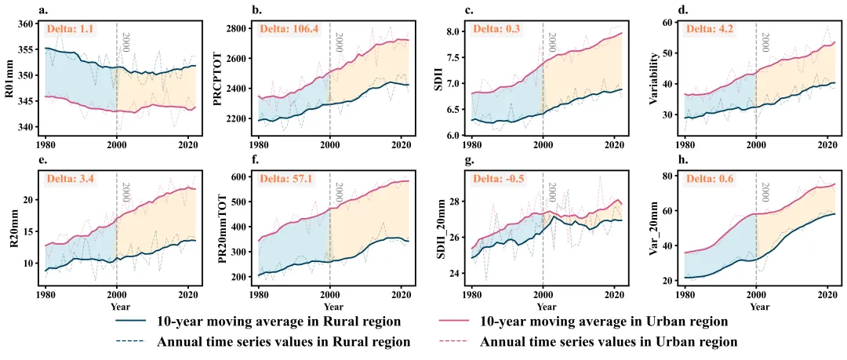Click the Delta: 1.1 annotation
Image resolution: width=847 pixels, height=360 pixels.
(71, 30)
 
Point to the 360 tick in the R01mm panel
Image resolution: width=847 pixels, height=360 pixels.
(26, 24)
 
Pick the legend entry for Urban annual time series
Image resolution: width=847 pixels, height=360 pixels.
(608, 342)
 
